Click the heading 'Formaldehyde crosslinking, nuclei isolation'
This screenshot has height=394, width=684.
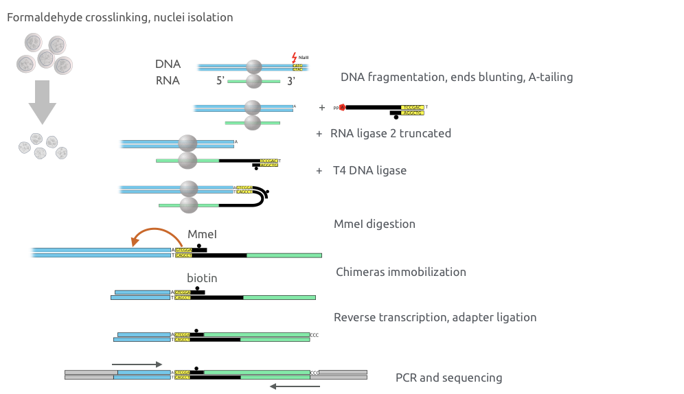(x=120, y=17)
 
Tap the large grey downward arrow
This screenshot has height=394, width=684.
(x=42, y=102)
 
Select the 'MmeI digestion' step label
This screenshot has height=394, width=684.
(x=374, y=224)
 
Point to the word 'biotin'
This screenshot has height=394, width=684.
(x=202, y=278)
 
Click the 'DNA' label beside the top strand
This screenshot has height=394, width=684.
(x=167, y=64)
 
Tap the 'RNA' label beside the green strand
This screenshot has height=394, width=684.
(x=167, y=80)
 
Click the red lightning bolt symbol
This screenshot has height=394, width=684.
(x=295, y=58)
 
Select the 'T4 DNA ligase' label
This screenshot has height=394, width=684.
(x=374, y=170)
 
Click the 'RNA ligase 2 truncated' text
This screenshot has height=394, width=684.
(x=391, y=133)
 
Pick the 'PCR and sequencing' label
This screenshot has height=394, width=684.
(x=448, y=378)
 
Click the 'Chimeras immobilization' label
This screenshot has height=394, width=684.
(x=401, y=272)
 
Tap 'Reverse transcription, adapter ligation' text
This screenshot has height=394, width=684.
(x=435, y=317)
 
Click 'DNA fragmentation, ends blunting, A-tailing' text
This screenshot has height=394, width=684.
(x=457, y=77)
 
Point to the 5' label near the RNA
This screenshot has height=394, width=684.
(x=220, y=80)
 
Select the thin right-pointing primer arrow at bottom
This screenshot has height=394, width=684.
(x=137, y=364)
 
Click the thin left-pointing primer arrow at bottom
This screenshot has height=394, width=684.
(x=295, y=386)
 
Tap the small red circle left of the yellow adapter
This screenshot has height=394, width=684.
(x=342, y=108)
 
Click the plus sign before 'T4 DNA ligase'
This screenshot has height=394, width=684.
(x=319, y=170)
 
